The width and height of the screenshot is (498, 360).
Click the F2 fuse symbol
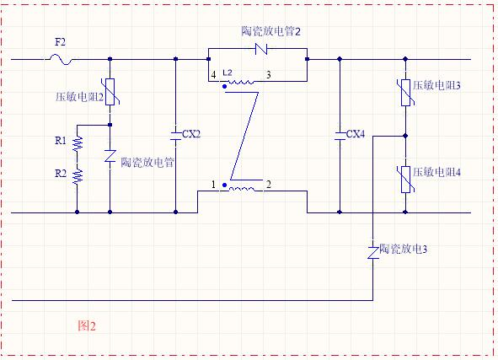pos(61,59)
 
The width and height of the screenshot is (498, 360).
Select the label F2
pos(61,42)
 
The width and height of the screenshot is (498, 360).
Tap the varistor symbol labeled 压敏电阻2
pos(110,92)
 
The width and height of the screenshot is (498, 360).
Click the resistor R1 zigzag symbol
pos(78,143)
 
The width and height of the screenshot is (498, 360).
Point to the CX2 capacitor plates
pos(175,136)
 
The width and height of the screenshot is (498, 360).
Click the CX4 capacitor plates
pos(340,136)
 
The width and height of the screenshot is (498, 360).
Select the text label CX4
pos(356,134)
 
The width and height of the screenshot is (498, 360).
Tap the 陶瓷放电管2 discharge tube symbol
pos(261,49)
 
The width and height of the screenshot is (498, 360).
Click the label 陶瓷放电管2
pos(271,31)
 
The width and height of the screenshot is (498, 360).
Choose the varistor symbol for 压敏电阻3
pos(405,93)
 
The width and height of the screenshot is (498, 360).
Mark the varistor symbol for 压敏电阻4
pos(405,180)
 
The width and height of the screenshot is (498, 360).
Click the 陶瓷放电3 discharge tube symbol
pos(373,253)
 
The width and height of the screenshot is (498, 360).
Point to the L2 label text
pos(228,73)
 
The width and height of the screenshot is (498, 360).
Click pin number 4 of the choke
pos(213,75)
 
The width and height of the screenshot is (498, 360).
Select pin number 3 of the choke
pos(268,75)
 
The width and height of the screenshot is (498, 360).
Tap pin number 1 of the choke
pos(213,185)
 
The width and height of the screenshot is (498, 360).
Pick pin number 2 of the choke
pos(269,185)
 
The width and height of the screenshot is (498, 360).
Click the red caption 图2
pos(87,326)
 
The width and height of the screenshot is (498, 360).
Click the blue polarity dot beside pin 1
pos(224,185)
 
